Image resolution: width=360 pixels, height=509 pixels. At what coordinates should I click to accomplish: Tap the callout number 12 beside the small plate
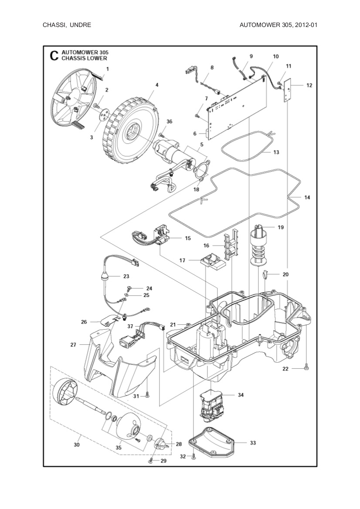[309, 85]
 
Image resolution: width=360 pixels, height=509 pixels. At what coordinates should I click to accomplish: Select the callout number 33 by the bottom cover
[253, 443]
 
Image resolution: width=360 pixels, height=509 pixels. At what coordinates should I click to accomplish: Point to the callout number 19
[280, 227]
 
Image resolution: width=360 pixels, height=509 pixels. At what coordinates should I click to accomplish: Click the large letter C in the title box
[54, 56]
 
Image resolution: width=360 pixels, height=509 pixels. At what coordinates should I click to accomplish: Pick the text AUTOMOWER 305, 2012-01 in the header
[278, 25]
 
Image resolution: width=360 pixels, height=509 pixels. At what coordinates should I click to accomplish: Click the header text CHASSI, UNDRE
[67, 25]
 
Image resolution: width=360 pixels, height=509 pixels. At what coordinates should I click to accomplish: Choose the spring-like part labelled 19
[260, 248]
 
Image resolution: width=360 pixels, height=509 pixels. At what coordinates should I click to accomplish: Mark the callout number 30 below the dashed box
[77, 445]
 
